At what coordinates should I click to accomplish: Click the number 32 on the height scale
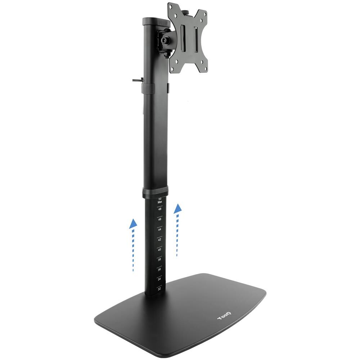coord(159,289)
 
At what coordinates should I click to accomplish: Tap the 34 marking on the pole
coord(159,279)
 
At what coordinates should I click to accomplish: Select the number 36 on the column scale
coord(159,269)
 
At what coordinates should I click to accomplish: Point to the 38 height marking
coord(159,259)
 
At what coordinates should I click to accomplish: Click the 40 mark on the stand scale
coord(159,249)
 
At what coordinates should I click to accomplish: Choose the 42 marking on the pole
coord(159,239)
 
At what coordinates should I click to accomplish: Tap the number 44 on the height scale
coord(159,229)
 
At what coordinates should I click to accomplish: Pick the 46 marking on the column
coord(159,219)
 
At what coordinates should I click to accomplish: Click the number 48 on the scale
coord(159,209)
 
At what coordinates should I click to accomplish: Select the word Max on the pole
coord(159,202)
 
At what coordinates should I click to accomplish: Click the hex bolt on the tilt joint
coord(167,41)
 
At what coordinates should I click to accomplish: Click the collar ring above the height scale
coord(155,192)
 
